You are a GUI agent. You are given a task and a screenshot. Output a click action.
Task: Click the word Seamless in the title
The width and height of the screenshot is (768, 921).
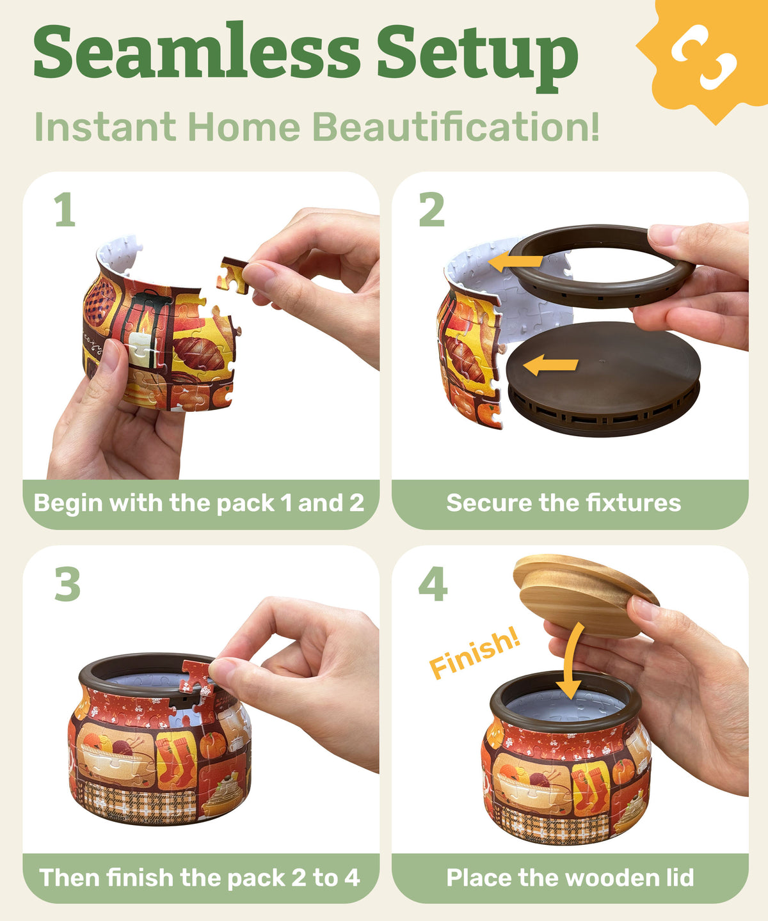click(197, 51)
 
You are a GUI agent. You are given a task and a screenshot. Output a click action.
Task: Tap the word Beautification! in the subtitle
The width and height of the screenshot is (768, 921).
click(456, 127)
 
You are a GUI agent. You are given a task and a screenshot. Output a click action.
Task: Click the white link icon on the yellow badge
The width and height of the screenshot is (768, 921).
click(704, 57)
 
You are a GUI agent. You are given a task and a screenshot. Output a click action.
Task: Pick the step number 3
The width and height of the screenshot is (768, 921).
click(67, 584)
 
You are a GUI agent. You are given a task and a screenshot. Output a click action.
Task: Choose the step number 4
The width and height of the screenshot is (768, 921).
click(433, 584)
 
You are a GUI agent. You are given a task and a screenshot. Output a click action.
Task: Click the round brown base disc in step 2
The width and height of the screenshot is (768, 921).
click(604, 379)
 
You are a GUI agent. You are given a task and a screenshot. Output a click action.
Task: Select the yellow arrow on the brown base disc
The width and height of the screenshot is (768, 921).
click(550, 365)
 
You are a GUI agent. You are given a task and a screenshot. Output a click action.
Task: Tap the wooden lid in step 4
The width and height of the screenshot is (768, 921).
click(586, 595)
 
